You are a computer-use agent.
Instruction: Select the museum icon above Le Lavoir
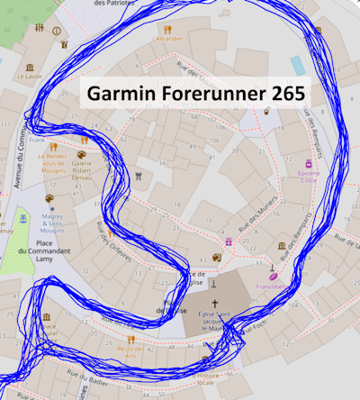click(30, 68)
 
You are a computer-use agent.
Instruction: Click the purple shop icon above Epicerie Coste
click(310, 164)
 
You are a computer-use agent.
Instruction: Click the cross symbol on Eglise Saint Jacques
click(214, 305)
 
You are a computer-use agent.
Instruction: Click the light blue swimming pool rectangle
click(298, 64)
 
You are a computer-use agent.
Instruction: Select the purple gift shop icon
click(229, 242)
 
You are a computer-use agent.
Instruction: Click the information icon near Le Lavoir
click(58, 30)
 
